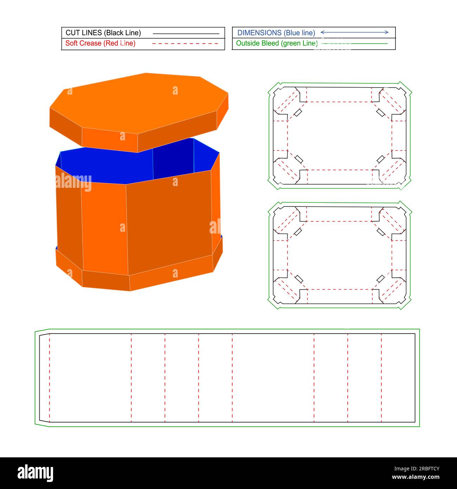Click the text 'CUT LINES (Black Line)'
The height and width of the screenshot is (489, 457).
[x=103, y=33]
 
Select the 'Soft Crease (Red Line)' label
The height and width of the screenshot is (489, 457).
[x=100, y=43]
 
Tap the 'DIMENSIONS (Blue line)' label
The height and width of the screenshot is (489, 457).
[x=276, y=33]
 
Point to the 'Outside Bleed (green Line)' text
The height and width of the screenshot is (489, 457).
[x=277, y=43]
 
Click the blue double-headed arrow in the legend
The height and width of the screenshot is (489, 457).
[x=354, y=32]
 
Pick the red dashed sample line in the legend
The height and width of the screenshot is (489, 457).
[x=186, y=44]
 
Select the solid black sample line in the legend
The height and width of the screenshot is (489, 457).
[x=186, y=34]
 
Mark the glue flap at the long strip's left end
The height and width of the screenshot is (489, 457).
[x=44, y=378]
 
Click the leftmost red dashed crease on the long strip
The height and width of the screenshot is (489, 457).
[x=50, y=378]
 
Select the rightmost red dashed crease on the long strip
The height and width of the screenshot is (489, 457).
[x=381, y=378]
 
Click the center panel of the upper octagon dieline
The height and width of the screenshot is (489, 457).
[x=339, y=135]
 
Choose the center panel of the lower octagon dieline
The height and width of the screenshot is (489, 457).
[x=339, y=255]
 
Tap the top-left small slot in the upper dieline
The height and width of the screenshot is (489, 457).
[x=298, y=113]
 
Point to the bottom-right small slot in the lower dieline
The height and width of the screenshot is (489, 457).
[x=380, y=279]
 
